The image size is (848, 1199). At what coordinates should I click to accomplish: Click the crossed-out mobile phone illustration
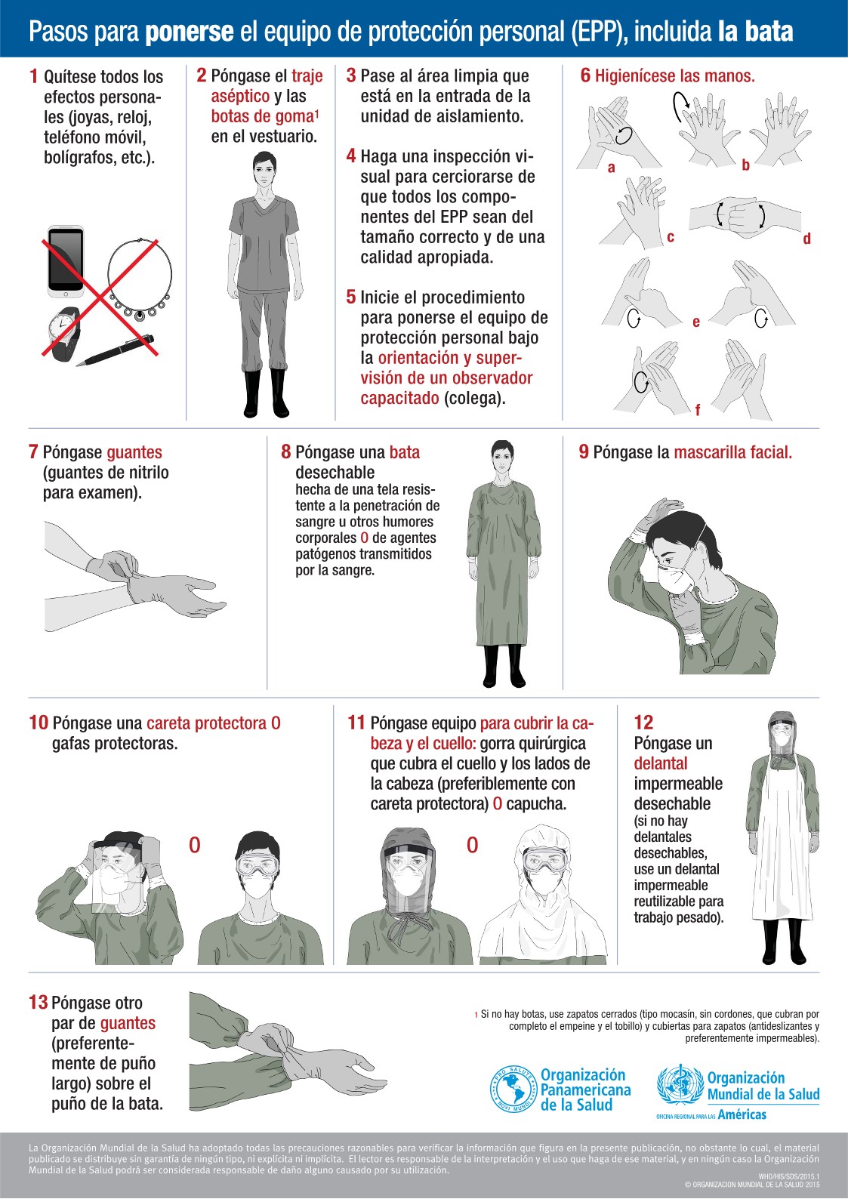coord(66,261)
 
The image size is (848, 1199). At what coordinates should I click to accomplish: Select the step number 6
coord(585,76)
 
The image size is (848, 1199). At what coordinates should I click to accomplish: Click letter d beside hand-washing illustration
coord(806,239)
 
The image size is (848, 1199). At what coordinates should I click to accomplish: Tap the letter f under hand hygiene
coord(697,410)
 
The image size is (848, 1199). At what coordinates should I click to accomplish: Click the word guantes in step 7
coord(134,452)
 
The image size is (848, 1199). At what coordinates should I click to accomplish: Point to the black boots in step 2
coord(266,393)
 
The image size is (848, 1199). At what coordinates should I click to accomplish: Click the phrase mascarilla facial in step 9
coord(732,452)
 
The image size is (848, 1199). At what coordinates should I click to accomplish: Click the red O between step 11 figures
coord(473,845)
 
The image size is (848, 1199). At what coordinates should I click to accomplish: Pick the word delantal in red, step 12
coord(660,763)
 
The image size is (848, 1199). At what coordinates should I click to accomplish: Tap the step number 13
coord(38,1003)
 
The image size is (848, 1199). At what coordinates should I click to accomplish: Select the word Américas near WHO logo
coord(742,1114)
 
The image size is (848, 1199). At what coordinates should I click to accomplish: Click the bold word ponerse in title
coord(189,32)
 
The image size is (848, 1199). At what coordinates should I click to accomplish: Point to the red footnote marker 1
coord(476,1015)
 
